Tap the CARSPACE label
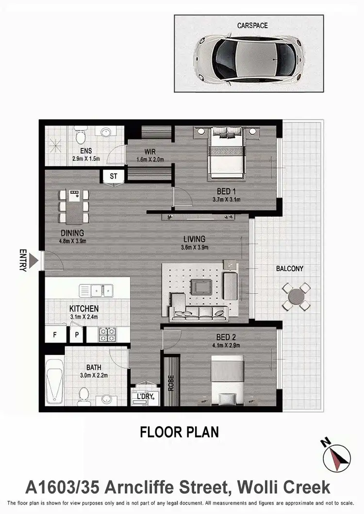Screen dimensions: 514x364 [x=252, y=25]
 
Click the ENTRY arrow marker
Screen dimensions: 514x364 [x=33, y=261]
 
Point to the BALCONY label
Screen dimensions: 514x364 [x=290, y=268]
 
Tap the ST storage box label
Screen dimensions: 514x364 [x=114, y=176]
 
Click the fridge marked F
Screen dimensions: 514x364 [x=54, y=335]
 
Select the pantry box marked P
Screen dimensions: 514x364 [x=76, y=335]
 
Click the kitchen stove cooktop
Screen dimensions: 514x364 [x=107, y=334]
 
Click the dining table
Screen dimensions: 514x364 [x=74, y=206]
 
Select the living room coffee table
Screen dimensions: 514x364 [x=200, y=287]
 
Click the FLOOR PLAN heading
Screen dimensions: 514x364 [x=180, y=432]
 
